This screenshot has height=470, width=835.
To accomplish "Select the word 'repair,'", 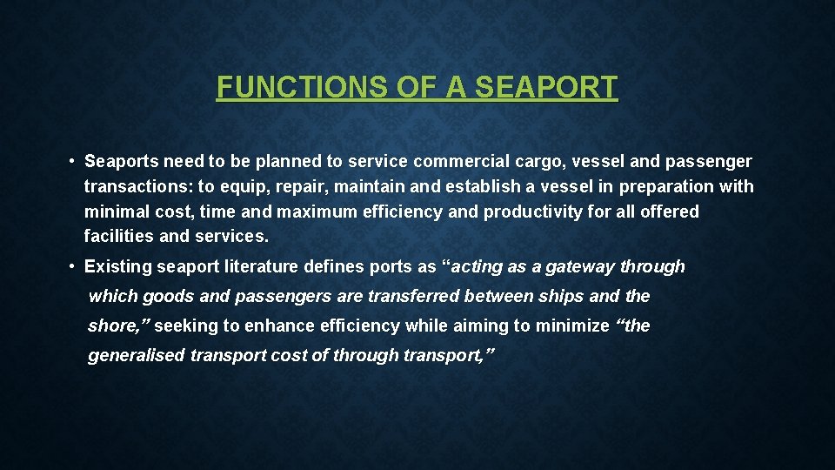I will click(301, 187).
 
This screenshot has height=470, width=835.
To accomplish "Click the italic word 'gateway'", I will click(580, 267).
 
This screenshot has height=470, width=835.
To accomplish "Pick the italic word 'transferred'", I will click(414, 297).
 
